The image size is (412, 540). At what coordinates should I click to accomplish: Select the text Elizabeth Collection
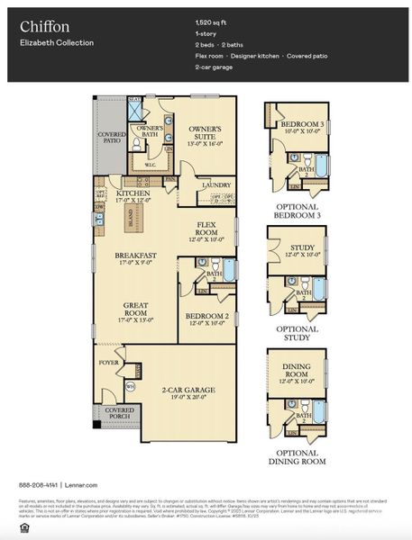[x=56, y=42]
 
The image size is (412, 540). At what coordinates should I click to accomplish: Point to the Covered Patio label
[x=113, y=137]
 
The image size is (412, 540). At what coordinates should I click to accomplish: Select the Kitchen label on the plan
[x=133, y=193]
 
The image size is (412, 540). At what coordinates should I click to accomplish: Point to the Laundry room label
[x=215, y=184]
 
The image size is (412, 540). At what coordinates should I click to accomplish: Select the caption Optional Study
[x=298, y=334]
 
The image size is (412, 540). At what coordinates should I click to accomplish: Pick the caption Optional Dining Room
[x=298, y=456]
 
